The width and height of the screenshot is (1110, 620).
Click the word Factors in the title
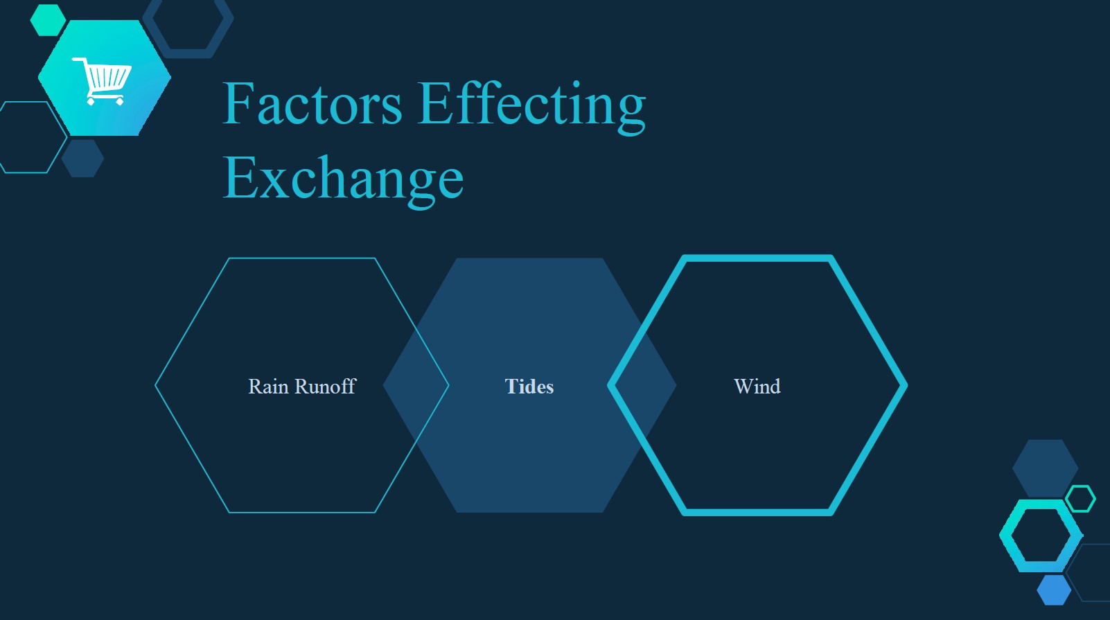312,103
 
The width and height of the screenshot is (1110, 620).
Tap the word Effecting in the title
532,107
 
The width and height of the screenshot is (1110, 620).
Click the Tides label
529,387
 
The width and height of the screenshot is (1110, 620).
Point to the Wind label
757,387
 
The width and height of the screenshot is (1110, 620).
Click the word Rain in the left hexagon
269,387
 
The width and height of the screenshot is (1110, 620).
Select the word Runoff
326,387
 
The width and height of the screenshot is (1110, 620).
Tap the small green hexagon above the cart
48,20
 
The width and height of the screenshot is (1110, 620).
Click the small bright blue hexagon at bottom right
1053,590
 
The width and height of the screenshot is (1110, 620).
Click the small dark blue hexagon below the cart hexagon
82,158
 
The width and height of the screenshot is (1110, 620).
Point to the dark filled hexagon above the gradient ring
1045,468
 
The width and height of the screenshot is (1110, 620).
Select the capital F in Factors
239,103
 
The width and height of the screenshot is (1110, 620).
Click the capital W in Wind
743,387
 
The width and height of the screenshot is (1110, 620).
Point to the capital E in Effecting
436,103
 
